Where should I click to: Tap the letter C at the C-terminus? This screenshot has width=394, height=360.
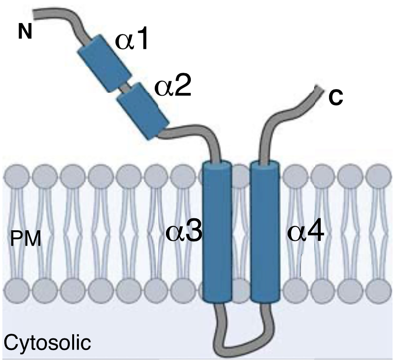[x=336, y=97]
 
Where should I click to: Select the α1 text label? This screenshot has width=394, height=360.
[x=132, y=42]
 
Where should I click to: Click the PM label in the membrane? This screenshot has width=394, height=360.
[x=26, y=238]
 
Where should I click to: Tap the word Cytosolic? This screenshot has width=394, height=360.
[x=47, y=343]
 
